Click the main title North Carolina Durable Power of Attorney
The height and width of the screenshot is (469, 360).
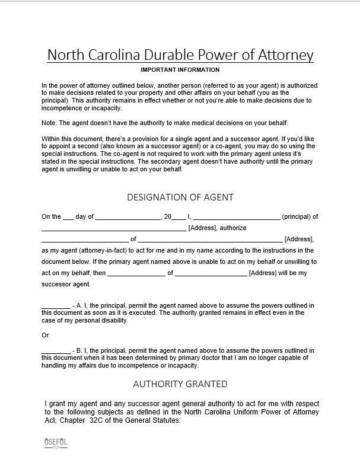(x=180, y=55)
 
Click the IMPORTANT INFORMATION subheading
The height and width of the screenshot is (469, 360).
(x=180, y=70)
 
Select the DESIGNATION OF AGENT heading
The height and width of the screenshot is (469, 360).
(x=180, y=197)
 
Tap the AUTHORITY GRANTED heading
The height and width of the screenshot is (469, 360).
(x=180, y=384)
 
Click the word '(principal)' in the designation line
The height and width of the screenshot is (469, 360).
(x=296, y=217)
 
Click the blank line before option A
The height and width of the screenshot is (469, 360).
(x=56, y=306)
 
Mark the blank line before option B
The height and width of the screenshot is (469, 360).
(x=56, y=351)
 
